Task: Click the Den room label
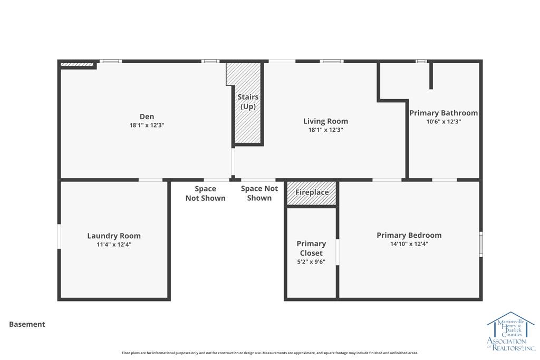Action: tap(147, 116)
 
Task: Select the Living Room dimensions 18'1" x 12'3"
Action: tap(325, 130)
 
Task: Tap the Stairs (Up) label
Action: tap(248, 102)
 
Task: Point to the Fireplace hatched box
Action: tap(312, 193)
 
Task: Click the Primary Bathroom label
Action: tap(443, 113)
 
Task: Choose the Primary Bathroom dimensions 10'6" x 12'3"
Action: tap(443, 121)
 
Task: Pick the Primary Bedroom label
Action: tap(409, 236)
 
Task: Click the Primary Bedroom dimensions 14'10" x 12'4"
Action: tap(409, 244)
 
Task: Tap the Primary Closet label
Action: tap(311, 248)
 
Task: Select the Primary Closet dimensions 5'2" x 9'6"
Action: tap(311, 261)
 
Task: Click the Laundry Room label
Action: tap(114, 236)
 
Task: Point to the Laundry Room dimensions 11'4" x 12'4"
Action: tap(114, 245)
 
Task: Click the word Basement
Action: tap(27, 324)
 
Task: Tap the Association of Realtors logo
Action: tap(511, 331)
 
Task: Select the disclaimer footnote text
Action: tap(270, 353)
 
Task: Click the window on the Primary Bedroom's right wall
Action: tap(481, 244)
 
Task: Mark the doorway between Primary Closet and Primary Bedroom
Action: tap(337, 252)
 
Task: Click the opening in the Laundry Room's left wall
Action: tap(59, 237)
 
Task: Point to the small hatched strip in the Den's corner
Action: tap(77, 64)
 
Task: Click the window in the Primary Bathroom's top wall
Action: tap(421, 61)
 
